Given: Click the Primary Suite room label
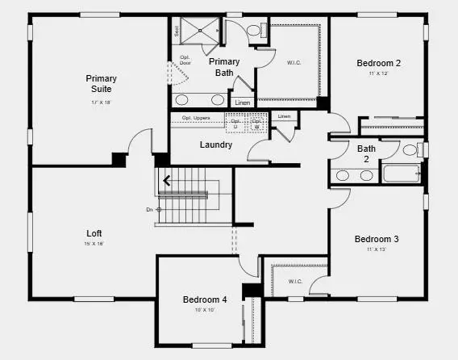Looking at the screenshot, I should pyautogui.click(x=102, y=83).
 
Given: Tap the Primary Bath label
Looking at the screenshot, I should pyautogui.click(x=223, y=67).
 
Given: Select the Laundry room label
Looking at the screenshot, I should pyautogui.click(x=216, y=145).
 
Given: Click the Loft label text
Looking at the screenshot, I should pyautogui.click(x=94, y=233).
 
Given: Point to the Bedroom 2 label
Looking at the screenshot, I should pyautogui.click(x=378, y=63).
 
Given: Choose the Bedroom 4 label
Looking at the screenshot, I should pyautogui.click(x=205, y=299).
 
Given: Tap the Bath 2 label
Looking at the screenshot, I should pyautogui.click(x=366, y=153).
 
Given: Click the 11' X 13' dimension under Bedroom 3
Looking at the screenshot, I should pyautogui.click(x=377, y=250).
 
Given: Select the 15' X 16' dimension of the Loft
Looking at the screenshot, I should pyautogui.click(x=94, y=244).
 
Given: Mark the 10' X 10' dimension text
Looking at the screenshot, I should pyautogui.click(x=204, y=310).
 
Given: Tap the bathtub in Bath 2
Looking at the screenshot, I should pyautogui.click(x=402, y=174).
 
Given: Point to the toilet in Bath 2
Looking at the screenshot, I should pyautogui.click(x=410, y=150).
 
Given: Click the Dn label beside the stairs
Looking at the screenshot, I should pyautogui.click(x=149, y=210).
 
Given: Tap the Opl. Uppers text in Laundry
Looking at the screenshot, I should pyautogui.click(x=197, y=118).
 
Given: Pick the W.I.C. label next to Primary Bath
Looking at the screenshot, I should pyautogui.click(x=294, y=62).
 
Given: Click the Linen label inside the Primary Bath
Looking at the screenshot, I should pyautogui.click(x=242, y=103).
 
